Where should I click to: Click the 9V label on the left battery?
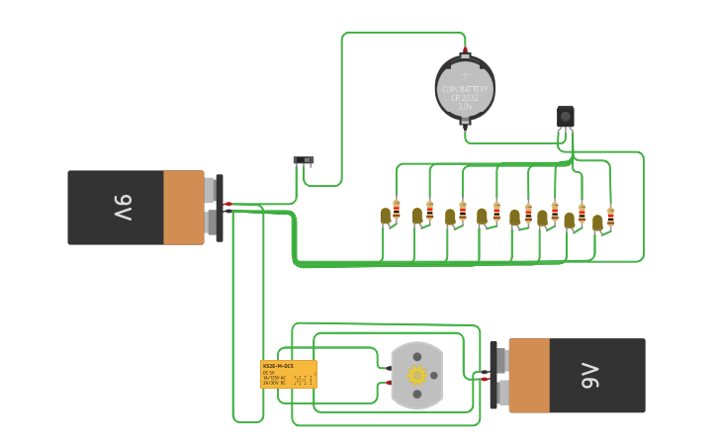pos(122,208)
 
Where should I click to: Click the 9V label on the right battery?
pos(590,376)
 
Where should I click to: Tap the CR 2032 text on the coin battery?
pos(465,98)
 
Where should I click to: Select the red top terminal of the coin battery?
pos(465,50)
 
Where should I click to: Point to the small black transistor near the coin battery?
pos(565,117)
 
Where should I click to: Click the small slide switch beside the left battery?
pos(304,160)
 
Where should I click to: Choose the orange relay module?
pos(289,374)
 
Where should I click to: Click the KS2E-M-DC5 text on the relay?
pos(277,366)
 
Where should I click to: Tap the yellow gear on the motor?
pos(416,375)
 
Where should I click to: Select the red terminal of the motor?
pos(389,382)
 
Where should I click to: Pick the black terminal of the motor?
pos(389,369)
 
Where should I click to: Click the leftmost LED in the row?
pos(385,216)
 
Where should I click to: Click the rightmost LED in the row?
pos(597,223)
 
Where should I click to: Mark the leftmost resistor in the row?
pos(397,210)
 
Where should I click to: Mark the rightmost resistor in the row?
pos(610,217)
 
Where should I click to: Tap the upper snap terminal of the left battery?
pos(210,188)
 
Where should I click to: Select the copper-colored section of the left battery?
pos(183,208)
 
